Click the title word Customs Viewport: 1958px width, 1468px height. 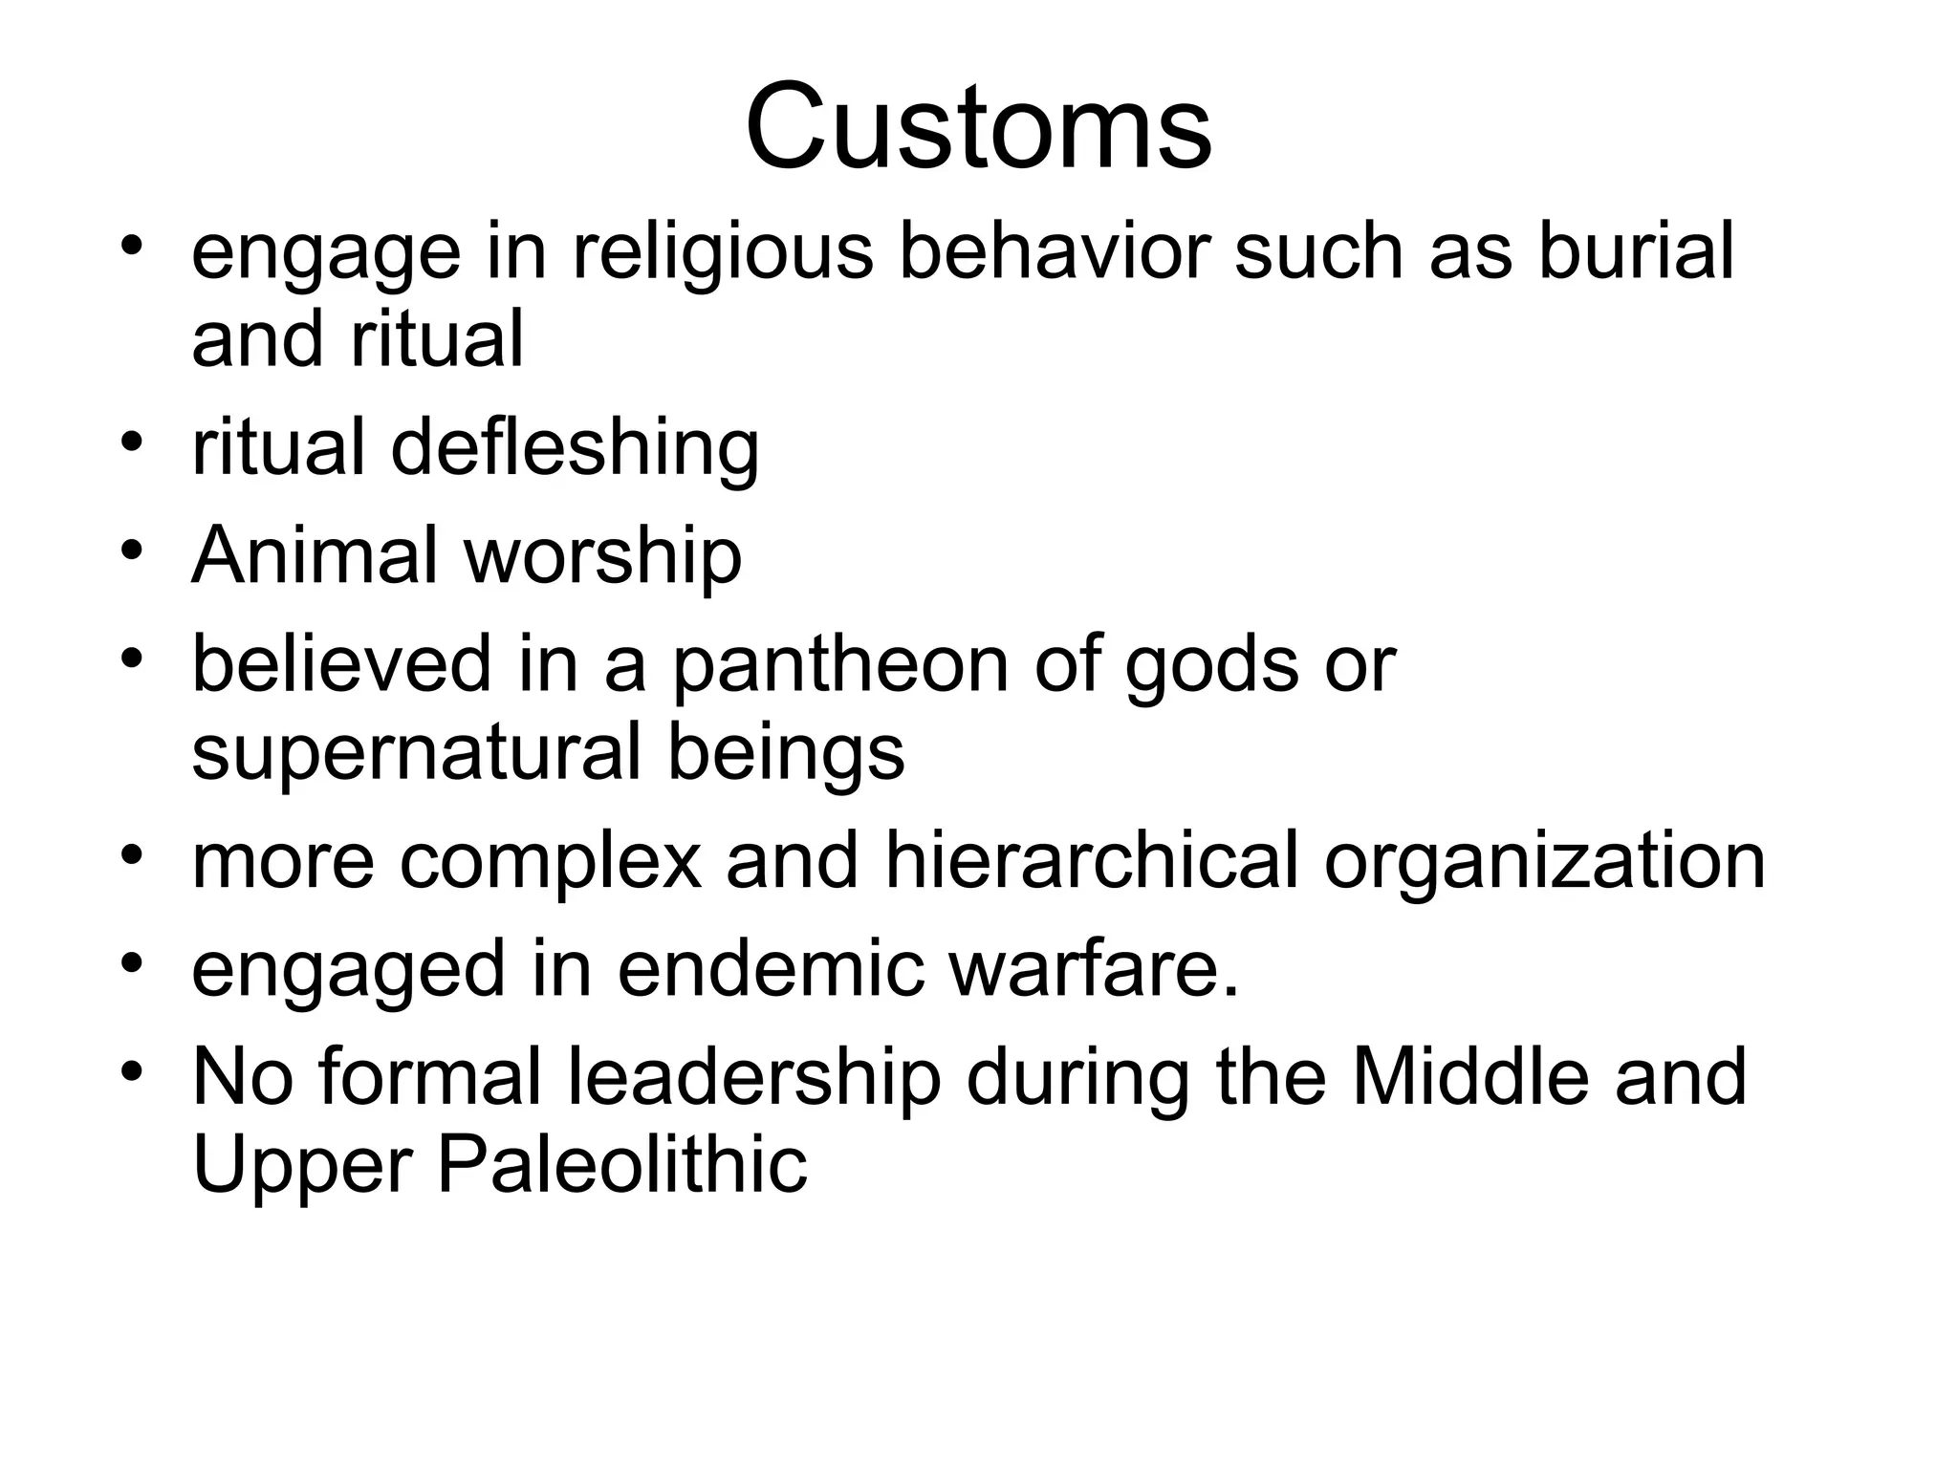(978, 127)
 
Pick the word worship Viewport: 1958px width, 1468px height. (603, 557)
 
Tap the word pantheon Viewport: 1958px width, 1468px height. (840, 665)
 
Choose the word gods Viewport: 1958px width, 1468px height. (1211, 665)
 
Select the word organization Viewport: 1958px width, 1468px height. (1544, 863)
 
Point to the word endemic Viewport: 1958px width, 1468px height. (771, 969)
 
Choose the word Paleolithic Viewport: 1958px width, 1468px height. (622, 1166)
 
